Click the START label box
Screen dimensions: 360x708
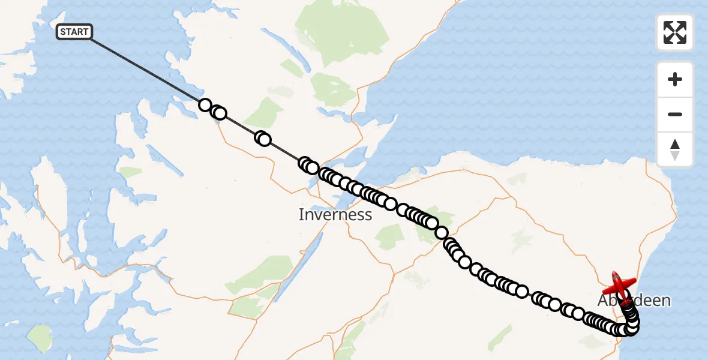pos(74,32)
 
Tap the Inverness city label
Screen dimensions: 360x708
pos(335,214)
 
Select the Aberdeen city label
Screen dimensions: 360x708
pos(634,301)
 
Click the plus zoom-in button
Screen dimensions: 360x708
pos(675,79)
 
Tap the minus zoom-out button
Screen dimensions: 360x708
pos(675,114)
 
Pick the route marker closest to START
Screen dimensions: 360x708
pos(205,105)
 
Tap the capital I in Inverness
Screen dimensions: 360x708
pos(301,214)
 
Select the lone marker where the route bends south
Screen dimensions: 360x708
pos(442,233)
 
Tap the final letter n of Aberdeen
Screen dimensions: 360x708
pos(665,301)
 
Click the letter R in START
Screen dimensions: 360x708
pos(81,32)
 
